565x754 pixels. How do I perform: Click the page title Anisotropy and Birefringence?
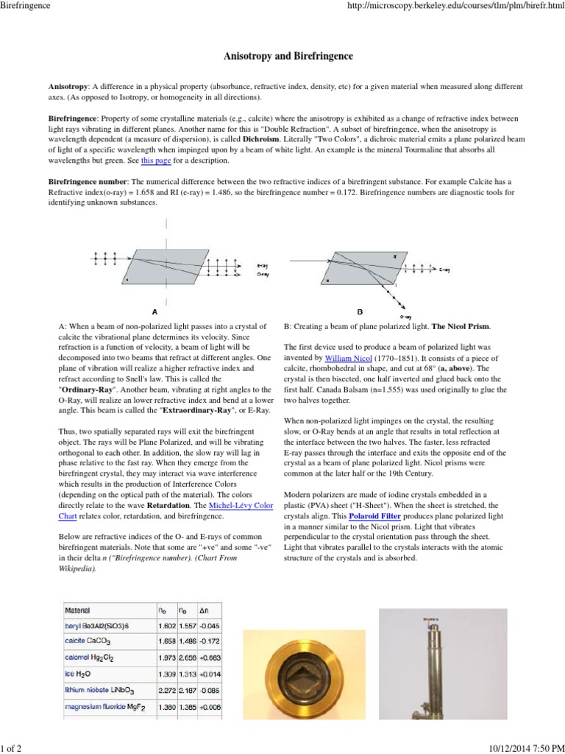283,56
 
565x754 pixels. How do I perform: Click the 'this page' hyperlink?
155,160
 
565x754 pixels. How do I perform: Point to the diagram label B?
360,311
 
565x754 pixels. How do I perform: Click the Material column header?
77,610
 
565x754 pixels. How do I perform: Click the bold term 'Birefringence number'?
88,181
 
